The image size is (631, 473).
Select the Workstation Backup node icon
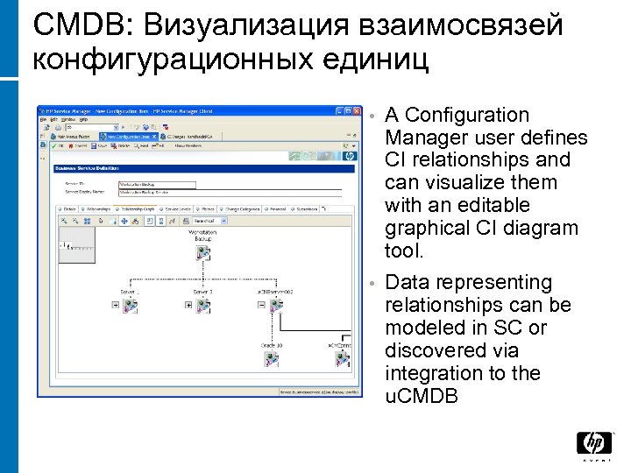click(203, 252)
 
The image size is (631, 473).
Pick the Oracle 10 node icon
click(273, 358)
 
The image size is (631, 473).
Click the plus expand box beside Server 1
click(115, 305)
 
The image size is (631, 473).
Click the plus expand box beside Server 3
click(188, 305)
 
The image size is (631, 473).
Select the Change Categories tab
click(242, 209)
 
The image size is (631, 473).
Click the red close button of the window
click(357, 110)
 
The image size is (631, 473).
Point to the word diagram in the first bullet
click(547, 228)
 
